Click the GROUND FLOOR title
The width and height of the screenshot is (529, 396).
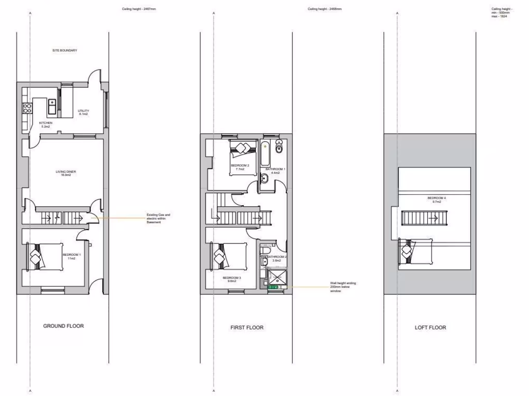(63, 326)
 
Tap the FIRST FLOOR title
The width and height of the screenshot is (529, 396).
(246, 327)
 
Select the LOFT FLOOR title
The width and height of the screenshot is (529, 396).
(430, 327)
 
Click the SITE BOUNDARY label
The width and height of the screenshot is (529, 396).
(65, 51)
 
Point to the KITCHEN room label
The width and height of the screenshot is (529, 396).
(45, 124)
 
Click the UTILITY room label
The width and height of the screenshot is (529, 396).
(83, 112)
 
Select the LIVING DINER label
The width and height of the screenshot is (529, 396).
(66, 173)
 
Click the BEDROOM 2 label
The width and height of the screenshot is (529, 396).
(240, 167)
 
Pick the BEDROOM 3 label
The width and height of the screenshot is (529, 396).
(231, 279)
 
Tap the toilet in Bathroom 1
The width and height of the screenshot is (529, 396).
(279, 147)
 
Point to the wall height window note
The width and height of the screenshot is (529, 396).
(343, 287)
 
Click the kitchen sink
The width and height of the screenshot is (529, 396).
(52, 107)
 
